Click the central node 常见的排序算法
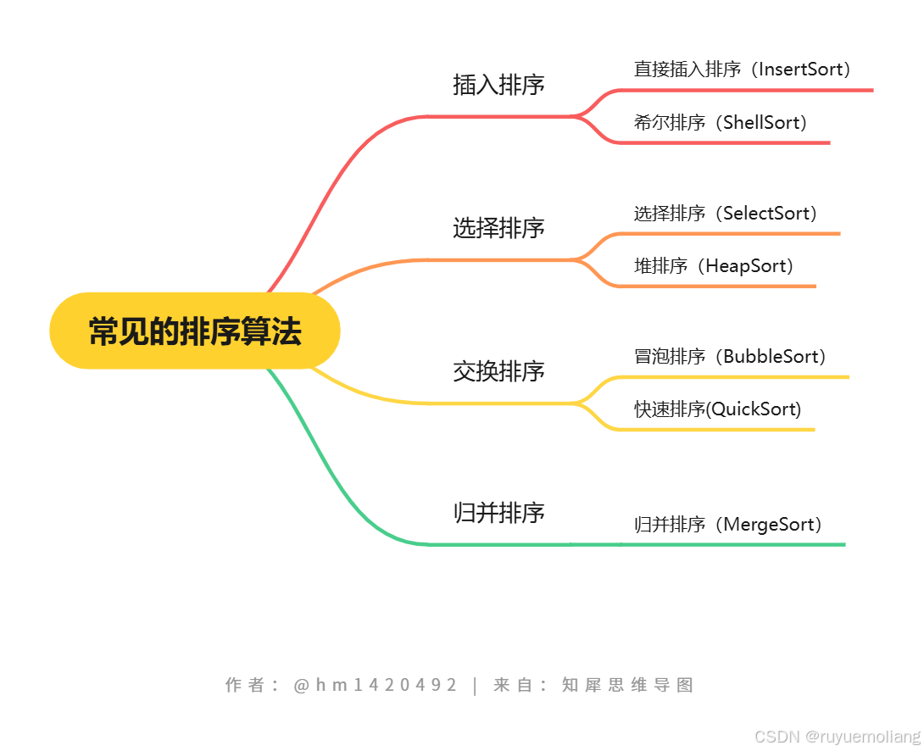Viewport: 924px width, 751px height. pyautogui.click(x=195, y=331)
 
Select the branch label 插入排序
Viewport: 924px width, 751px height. pyautogui.click(x=498, y=85)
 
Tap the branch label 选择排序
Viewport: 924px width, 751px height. pyautogui.click(x=498, y=228)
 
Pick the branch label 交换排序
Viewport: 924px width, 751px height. pyautogui.click(x=498, y=371)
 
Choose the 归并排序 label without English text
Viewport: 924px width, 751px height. pyautogui.click(x=498, y=513)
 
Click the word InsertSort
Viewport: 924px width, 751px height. pyautogui.click(x=799, y=70)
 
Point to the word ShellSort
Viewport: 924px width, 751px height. pyautogui.click(x=761, y=123)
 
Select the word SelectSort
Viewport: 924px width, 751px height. pyautogui.click(x=770, y=214)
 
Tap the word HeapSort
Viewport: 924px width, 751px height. pyautogui.click(x=745, y=266)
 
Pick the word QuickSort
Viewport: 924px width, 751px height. pyautogui.click(x=753, y=409)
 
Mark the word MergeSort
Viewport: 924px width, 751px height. pyautogui.click(x=768, y=525)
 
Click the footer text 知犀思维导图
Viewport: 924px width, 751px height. pyautogui.click(x=627, y=685)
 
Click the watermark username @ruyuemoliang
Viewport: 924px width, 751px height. pyautogui.click(x=863, y=737)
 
